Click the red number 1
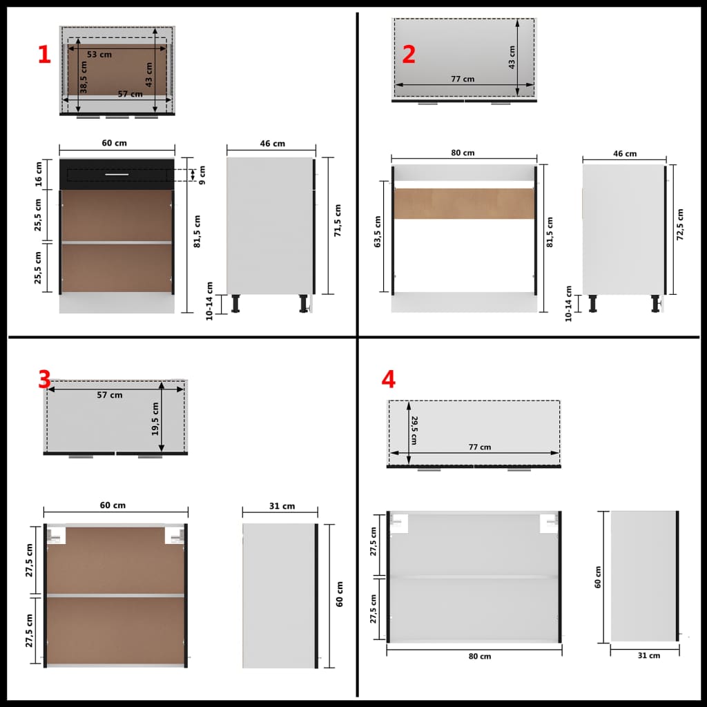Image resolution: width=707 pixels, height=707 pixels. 44,55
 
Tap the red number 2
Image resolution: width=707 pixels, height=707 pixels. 409,55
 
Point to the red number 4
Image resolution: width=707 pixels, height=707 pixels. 389,379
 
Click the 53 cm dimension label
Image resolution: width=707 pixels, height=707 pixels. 99,54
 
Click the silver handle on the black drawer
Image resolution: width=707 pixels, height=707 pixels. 116,175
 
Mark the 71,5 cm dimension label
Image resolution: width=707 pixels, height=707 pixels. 337,220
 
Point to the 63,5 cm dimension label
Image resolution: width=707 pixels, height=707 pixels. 377,233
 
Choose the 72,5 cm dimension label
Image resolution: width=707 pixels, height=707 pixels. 680,224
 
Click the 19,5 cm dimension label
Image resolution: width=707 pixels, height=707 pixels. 155,420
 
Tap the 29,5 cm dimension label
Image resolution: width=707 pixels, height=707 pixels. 415,429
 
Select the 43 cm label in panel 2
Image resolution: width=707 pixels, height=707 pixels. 512,56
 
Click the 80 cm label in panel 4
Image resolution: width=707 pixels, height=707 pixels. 480,656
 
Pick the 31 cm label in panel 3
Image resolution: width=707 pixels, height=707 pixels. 282,506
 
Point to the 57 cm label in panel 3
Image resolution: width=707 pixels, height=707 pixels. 110,395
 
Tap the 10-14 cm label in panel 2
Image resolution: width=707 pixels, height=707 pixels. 569,303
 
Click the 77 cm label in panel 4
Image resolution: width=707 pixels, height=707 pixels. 479,447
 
